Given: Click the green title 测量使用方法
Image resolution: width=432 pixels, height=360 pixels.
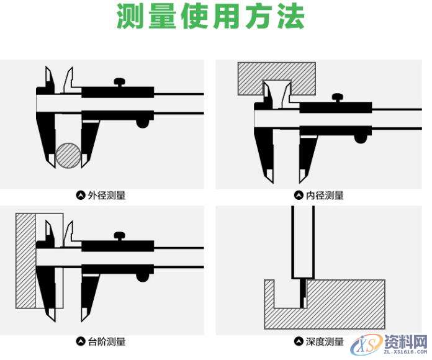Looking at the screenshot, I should [x=211, y=18].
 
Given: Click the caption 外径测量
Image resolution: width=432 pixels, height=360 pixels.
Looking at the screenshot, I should [x=106, y=196].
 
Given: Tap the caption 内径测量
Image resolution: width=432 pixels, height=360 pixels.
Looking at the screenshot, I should [x=325, y=196].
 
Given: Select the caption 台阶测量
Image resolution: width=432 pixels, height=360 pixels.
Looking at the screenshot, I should [x=106, y=341].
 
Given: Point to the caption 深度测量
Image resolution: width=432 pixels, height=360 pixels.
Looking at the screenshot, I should [x=325, y=341].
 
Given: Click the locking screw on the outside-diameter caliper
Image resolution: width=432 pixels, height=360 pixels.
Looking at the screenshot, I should [x=120, y=81].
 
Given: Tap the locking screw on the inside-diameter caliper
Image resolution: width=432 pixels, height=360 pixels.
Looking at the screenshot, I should [x=338, y=97].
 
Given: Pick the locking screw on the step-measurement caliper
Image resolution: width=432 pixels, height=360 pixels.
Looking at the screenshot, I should [x=120, y=236].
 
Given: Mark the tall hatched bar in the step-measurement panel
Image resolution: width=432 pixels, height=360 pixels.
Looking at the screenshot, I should [x=25, y=261].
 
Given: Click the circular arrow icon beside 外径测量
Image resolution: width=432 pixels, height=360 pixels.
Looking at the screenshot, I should [x=80, y=196].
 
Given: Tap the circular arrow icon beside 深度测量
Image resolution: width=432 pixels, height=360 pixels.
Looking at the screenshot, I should [x=299, y=341].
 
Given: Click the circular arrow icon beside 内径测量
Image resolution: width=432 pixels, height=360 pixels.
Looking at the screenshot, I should [x=299, y=196].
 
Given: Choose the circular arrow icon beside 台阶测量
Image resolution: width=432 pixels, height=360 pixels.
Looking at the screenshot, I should [x=80, y=341].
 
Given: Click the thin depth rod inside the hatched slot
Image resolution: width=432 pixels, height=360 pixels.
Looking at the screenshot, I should [x=303, y=292].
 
